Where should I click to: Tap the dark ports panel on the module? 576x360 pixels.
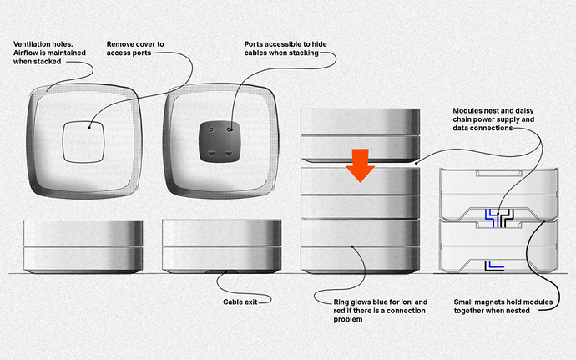(220, 141)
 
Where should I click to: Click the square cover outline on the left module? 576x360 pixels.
(83, 141)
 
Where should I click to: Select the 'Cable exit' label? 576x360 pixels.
(240, 302)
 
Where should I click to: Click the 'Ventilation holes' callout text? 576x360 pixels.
(49, 53)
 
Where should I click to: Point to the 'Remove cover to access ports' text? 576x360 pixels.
(135, 48)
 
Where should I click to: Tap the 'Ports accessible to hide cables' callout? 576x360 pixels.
(285, 48)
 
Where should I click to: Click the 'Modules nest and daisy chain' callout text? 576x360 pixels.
(493, 119)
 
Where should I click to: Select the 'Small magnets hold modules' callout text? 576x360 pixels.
(503, 307)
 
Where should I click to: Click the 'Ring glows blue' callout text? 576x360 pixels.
(380, 311)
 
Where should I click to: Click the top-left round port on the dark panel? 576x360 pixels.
(211, 129)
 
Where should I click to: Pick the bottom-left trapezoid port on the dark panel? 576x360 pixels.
(211, 154)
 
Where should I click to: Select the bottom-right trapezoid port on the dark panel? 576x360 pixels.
(229, 154)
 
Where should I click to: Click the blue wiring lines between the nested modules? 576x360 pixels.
(492, 218)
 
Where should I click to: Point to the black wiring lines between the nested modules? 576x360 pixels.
(507, 218)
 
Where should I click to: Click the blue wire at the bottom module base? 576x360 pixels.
(496, 265)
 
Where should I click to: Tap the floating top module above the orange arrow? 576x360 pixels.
(360, 135)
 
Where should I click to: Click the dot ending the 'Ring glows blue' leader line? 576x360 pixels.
(351, 246)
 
